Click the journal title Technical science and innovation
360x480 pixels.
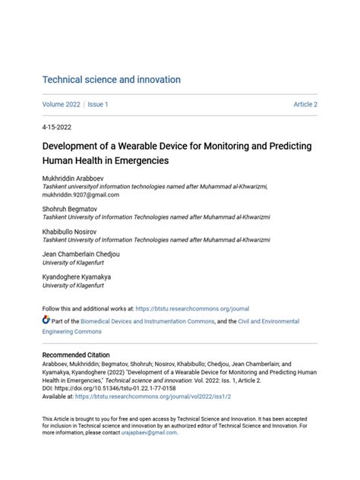point(111,80)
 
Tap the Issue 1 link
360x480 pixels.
point(98,104)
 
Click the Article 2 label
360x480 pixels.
point(305,104)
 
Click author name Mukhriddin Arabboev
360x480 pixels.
point(74,177)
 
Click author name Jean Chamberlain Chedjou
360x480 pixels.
point(81,254)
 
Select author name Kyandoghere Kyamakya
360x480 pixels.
point(76,277)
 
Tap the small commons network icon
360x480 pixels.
point(46,321)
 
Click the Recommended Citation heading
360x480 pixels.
point(76,355)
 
